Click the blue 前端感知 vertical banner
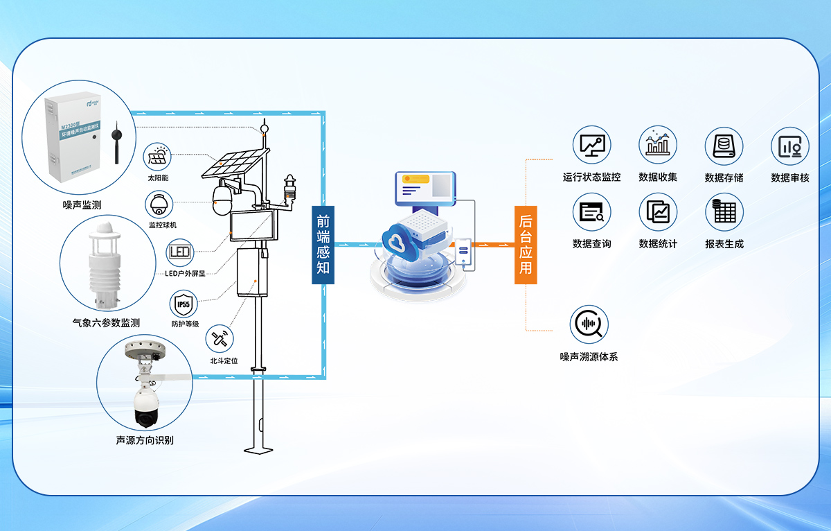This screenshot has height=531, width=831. click(x=323, y=245)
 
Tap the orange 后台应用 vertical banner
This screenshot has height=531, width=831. click(x=526, y=245)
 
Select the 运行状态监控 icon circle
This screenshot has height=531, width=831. click(x=591, y=146)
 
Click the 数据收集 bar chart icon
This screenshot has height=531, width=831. click(x=658, y=146)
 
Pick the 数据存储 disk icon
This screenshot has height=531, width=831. click(x=724, y=146)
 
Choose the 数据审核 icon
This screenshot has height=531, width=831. click(x=790, y=146)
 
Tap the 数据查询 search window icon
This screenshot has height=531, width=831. click(x=591, y=212)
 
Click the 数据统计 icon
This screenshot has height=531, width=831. click(x=658, y=212)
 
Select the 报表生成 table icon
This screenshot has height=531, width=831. click(x=724, y=212)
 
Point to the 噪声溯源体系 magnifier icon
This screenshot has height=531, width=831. click(x=589, y=324)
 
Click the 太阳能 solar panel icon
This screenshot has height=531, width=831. click(x=158, y=155)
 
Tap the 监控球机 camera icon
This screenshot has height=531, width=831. click(x=158, y=204)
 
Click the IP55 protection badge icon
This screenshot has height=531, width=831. click(x=184, y=304)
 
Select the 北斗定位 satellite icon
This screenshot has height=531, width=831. click(x=220, y=339)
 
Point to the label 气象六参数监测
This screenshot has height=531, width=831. click(x=107, y=323)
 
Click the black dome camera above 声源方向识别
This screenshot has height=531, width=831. click(x=147, y=410)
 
